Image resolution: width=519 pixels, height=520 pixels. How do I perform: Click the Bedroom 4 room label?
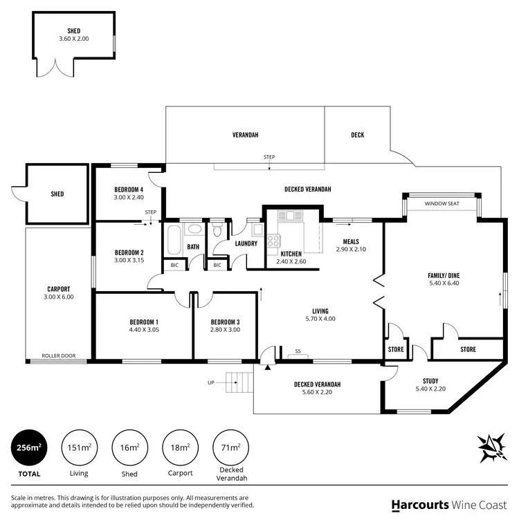click(x=129, y=189)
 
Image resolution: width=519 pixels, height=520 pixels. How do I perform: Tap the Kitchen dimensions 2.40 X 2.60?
click(x=291, y=261)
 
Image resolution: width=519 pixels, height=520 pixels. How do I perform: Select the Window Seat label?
click(x=441, y=204)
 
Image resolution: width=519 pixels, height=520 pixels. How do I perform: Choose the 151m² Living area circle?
click(x=80, y=447)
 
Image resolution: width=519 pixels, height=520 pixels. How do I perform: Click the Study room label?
click(x=435, y=381)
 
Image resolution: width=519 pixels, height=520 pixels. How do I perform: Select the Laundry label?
click(x=246, y=243)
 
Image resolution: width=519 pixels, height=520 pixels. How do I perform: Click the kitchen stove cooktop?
click(x=274, y=241)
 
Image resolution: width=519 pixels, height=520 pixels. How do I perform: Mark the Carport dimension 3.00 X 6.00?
click(x=59, y=297)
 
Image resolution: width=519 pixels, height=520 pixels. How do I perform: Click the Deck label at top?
click(x=357, y=135)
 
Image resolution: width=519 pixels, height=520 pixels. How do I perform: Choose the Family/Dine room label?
click(x=444, y=276)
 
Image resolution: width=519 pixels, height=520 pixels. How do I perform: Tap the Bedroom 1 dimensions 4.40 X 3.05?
click(x=144, y=330)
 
